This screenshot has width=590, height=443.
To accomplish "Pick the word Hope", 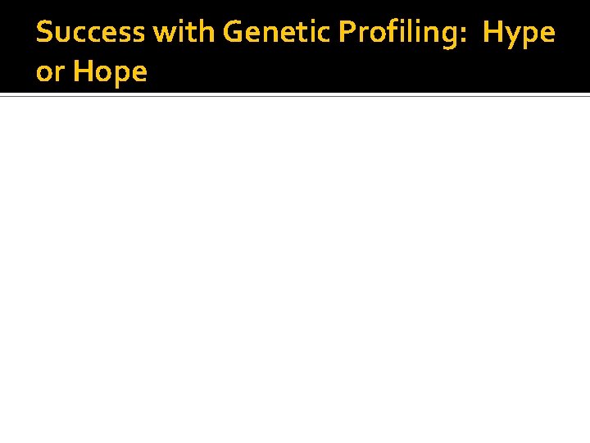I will (111, 73).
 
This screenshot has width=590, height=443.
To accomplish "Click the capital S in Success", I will (44, 33).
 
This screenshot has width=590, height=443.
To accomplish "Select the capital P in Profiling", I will (345, 33).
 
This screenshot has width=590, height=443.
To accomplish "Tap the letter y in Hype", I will (515, 37).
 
